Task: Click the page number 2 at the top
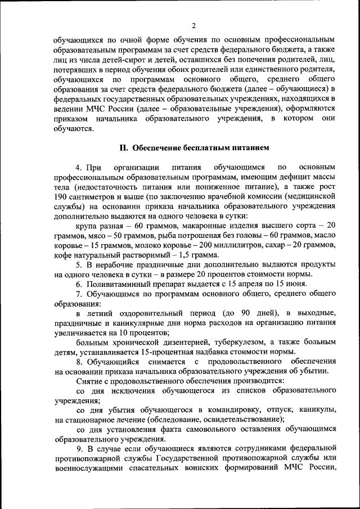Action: click(x=193, y=25)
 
